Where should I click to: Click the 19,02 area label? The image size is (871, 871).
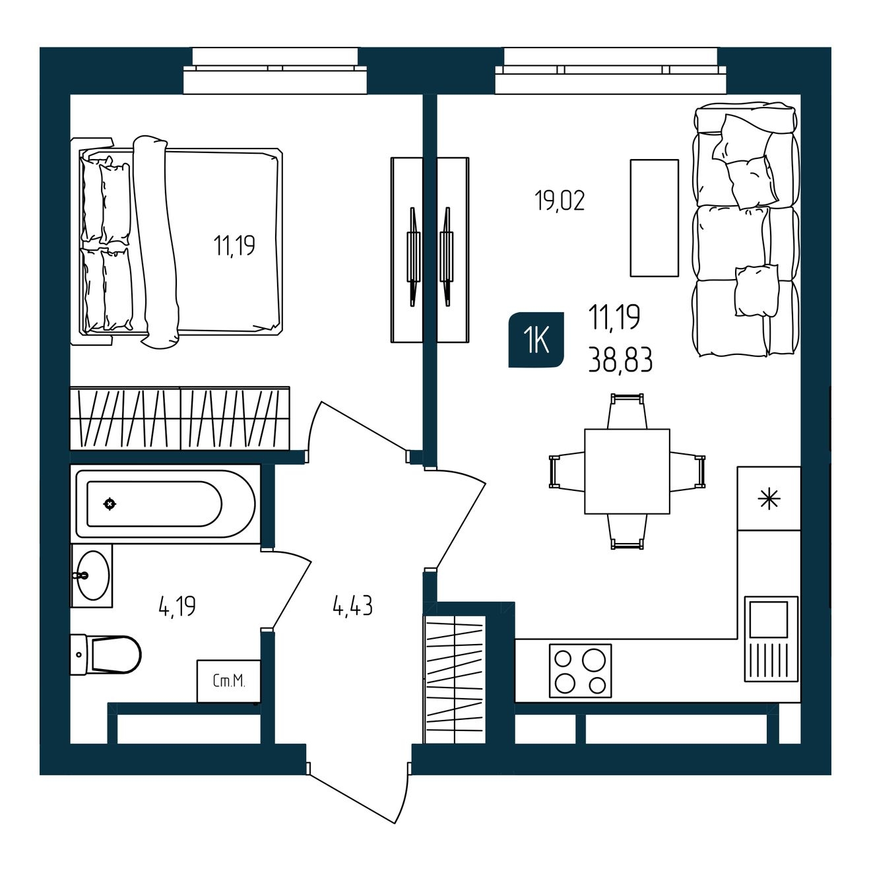point(560,201)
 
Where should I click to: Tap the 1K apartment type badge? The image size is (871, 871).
point(536,339)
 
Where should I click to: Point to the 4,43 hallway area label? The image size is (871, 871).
point(352,606)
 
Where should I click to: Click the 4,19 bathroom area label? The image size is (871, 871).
point(177,606)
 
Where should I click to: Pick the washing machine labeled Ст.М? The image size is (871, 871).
point(229,681)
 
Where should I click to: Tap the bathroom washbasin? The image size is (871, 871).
point(92,575)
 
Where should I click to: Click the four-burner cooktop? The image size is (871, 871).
point(581,670)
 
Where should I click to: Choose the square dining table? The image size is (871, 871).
point(627,471)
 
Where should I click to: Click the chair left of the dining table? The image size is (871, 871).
point(567,471)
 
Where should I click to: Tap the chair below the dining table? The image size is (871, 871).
point(627,532)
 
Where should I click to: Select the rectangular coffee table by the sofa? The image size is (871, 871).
point(655,217)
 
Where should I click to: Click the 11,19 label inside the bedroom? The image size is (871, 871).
point(234,246)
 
